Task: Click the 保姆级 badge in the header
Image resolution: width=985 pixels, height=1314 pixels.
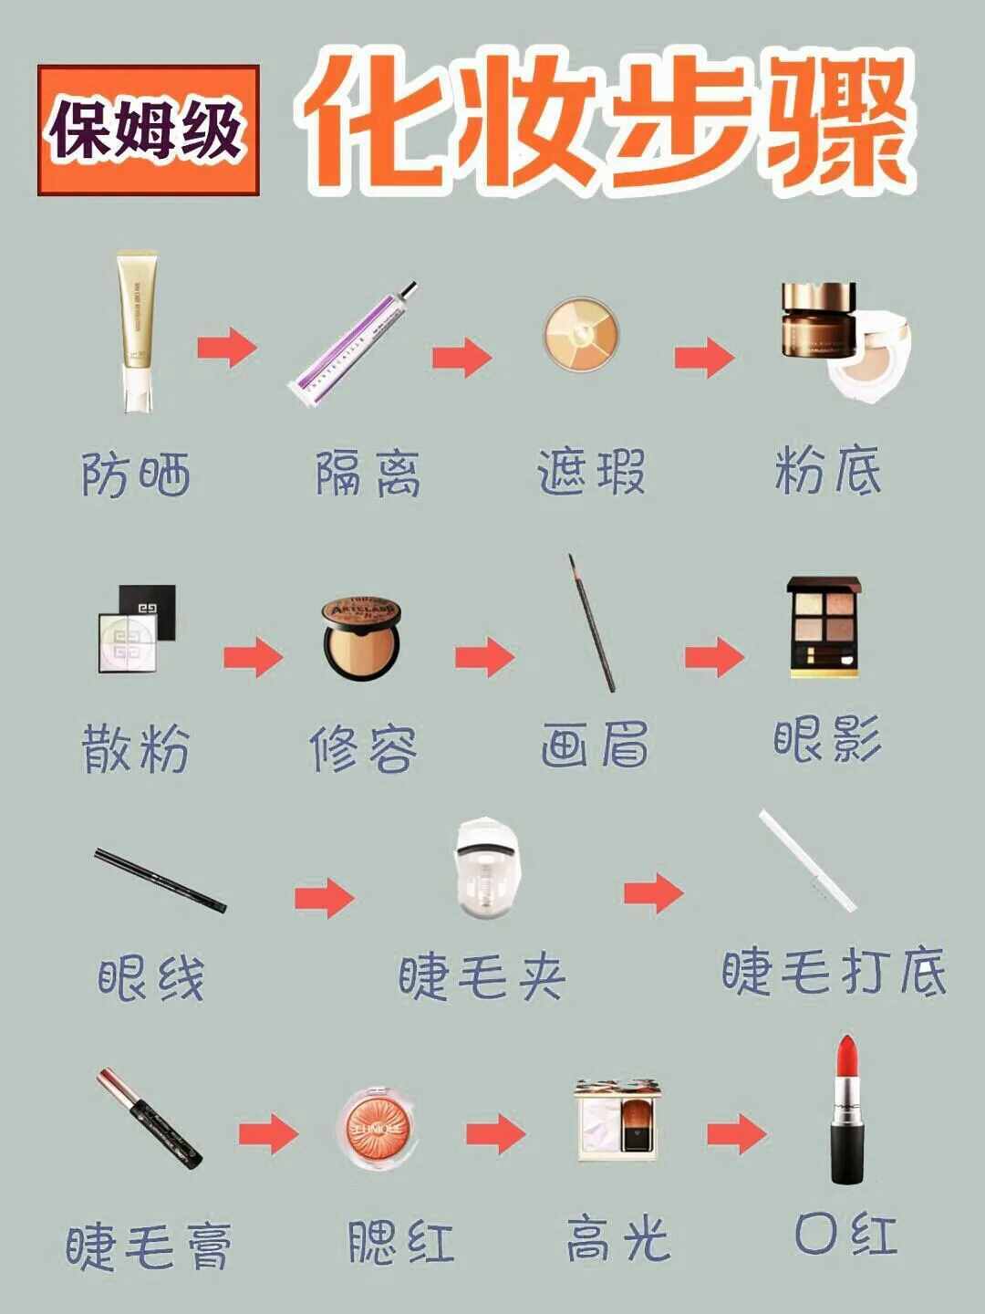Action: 148,130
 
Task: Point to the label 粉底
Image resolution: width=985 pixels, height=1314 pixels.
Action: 828,471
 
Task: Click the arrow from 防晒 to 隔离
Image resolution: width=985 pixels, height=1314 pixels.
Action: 227,347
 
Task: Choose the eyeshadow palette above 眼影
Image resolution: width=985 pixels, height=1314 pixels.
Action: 824,626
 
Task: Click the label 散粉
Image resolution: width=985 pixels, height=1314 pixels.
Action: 136,749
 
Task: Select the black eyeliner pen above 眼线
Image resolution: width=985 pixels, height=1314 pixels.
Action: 161,880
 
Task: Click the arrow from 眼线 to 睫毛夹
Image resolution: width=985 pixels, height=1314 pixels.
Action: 325,898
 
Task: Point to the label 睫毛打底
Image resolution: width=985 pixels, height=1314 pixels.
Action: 834,971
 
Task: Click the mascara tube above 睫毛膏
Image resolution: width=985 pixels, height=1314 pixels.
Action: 150,1119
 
